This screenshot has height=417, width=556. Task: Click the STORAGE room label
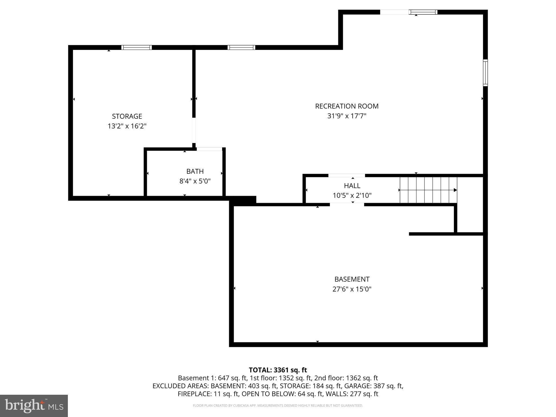pyautogui.click(x=127, y=116)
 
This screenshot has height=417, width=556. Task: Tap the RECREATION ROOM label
pyautogui.click(x=347, y=106)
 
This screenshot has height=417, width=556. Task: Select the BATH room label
pyautogui.click(x=195, y=171)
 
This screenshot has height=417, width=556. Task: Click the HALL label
pyautogui.click(x=352, y=186)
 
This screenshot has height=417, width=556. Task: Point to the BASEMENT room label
pyautogui.click(x=352, y=279)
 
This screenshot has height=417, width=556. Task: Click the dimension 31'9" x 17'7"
pyautogui.click(x=347, y=116)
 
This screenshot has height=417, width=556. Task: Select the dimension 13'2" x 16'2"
pyautogui.click(x=127, y=126)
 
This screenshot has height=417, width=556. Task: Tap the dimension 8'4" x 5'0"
pyautogui.click(x=195, y=181)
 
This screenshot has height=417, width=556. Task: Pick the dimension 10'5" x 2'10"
pyautogui.click(x=352, y=195)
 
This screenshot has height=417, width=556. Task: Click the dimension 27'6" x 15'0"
pyautogui.click(x=352, y=289)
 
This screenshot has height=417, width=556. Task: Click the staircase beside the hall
pyautogui.click(x=428, y=190)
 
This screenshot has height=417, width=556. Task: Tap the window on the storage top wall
pyautogui.click(x=137, y=48)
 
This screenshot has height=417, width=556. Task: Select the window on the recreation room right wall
pyautogui.click(x=485, y=73)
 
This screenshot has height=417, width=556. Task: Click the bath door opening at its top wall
pyautogui.click(x=209, y=149)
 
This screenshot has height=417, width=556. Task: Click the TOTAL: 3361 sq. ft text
pyautogui.click(x=278, y=370)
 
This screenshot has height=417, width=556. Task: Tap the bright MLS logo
pyautogui.click(x=34, y=406)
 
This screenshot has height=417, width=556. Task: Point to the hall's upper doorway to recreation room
pyautogui.click(x=347, y=175)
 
